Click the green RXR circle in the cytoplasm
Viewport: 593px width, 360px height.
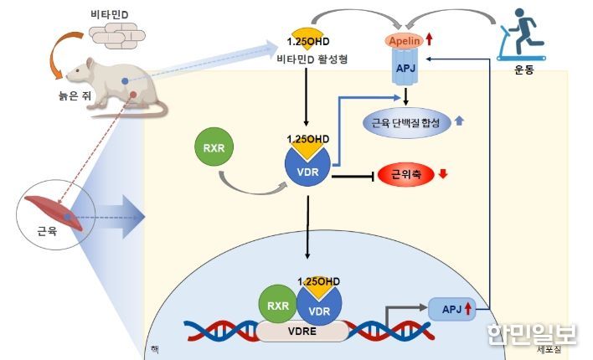[x=214, y=147]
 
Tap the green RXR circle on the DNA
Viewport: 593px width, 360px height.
[x=278, y=305]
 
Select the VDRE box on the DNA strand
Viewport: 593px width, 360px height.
[x=302, y=332]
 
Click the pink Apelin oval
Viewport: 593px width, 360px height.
[x=405, y=40]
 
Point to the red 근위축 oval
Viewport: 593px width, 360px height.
[x=406, y=174]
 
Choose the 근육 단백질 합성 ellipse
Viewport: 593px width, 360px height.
[x=406, y=122]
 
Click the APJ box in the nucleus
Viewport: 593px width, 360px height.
[x=452, y=309]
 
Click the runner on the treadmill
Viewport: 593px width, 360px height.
[x=522, y=34]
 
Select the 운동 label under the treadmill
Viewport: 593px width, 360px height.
[x=523, y=69]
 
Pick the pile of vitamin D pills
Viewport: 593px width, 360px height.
[x=117, y=35]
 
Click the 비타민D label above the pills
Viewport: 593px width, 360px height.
[x=110, y=14]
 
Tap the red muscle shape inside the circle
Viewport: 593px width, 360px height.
[x=54, y=213]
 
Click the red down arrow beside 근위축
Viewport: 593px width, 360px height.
[x=443, y=174]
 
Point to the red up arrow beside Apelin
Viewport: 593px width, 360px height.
[x=429, y=39]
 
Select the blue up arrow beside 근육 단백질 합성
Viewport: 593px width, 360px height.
[x=459, y=121]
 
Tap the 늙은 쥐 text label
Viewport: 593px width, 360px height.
[x=75, y=95]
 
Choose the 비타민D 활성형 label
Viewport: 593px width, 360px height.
[x=312, y=59]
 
